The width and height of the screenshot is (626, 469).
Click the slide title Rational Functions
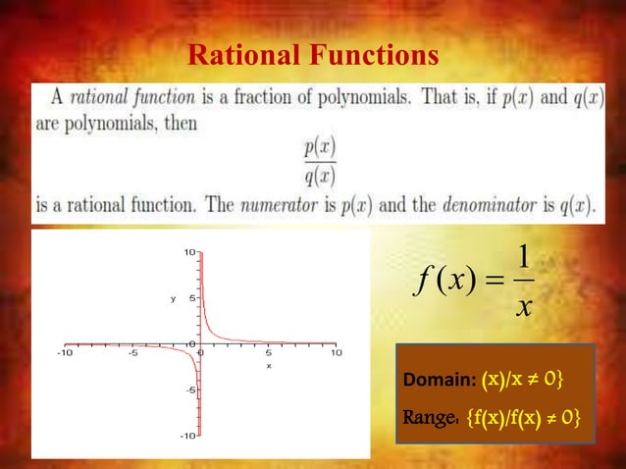[313, 56]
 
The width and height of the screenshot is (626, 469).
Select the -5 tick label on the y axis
[190, 390]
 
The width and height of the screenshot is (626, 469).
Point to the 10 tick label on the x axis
[336, 352]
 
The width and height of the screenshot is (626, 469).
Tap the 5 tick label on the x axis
[268, 352]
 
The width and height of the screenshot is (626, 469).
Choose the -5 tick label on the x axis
[131, 352]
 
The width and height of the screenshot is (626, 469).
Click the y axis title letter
[173, 297]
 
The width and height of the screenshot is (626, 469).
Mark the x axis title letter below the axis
[268, 366]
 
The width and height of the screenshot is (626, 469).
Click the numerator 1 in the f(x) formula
[525, 257]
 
